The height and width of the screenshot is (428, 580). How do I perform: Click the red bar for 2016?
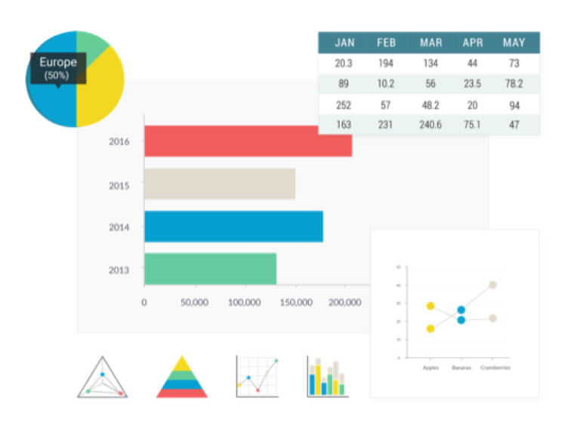point(248,141)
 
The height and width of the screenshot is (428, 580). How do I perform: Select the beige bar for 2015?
point(219,184)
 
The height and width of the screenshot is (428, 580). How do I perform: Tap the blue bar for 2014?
point(233,226)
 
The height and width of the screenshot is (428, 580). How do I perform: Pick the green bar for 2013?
point(210,269)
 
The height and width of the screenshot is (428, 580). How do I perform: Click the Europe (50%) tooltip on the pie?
point(58,68)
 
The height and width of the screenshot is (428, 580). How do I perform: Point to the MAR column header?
point(431,43)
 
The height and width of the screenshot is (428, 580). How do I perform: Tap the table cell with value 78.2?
point(514,84)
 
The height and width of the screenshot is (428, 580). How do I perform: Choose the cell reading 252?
point(344,105)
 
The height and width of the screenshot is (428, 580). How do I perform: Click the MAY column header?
point(514,43)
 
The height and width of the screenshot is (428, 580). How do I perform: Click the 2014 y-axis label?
point(119,227)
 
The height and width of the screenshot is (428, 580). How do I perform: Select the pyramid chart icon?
point(181,377)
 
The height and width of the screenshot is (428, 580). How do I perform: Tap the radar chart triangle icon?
point(103,377)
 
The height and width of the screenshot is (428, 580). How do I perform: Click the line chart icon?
point(258,377)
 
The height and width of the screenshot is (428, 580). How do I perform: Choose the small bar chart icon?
point(327,377)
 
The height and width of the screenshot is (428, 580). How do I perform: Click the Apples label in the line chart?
point(430,368)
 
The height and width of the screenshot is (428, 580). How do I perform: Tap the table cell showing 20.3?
point(344,63)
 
